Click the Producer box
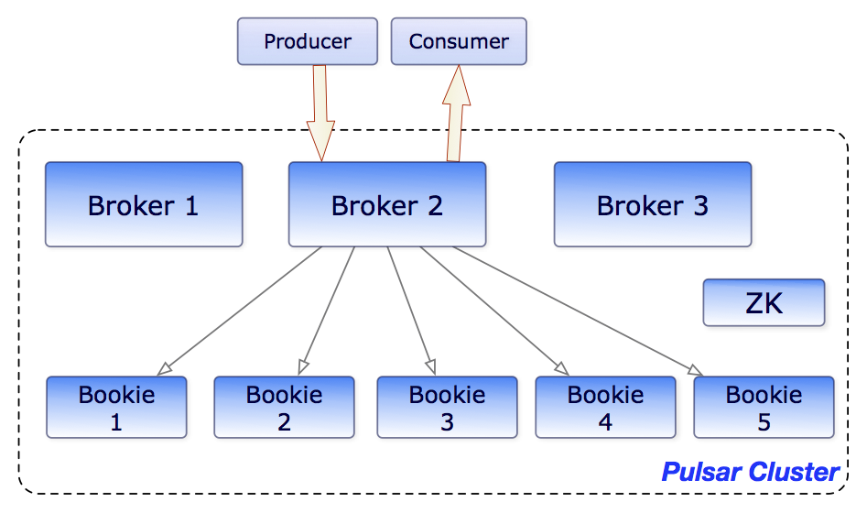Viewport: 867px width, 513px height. (x=307, y=41)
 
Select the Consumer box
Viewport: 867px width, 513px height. (x=459, y=41)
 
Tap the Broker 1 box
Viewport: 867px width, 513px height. (x=144, y=204)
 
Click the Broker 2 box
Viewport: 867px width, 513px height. (x=386, y=204)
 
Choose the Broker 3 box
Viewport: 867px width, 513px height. (x=652, y=204)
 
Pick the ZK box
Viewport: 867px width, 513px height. (x=764, y=302)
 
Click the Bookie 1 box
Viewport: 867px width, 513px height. (x=116, y=407)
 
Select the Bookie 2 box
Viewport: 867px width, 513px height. (x=284, y=407)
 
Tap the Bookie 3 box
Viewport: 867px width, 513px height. (x=447, y=407)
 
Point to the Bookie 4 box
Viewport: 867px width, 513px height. (x=605, y=407)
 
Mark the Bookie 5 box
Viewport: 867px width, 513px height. (x=764, y=407)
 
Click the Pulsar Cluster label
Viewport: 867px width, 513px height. (x=750, y=472)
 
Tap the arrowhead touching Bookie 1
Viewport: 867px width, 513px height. (x=165, y=368)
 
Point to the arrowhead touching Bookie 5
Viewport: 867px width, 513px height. (x=695, y=370)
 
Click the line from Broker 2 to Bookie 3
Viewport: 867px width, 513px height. (x=409, y=307)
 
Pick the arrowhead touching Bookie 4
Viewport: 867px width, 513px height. (x=559, y=368)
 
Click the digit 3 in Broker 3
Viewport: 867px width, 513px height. (x=699, y=205)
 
